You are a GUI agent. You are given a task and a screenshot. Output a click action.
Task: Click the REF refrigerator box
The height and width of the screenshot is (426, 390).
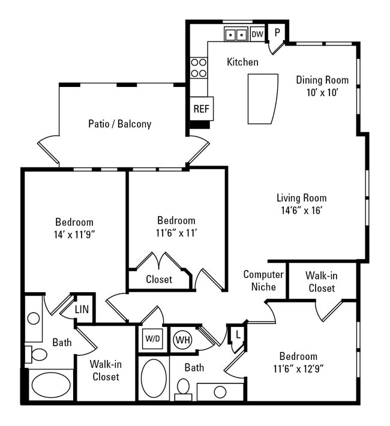point(201,109)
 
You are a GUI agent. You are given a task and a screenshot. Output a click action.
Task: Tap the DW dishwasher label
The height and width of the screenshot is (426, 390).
point(257,34)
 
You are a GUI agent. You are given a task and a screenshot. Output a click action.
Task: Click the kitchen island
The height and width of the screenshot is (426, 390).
point(263,98)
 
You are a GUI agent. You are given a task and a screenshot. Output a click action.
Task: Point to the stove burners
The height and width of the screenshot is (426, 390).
point(199,68)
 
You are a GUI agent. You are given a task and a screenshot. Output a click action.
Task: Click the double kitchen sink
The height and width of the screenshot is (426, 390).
point(235,34)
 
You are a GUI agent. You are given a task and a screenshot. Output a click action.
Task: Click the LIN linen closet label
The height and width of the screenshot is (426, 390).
point(82,310)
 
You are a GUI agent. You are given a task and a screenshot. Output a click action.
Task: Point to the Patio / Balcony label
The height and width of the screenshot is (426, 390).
point(119,124)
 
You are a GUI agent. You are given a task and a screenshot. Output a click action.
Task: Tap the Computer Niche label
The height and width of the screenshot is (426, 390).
point(263,280)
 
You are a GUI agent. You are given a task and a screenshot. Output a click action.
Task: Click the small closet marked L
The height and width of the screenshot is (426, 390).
point(238,334)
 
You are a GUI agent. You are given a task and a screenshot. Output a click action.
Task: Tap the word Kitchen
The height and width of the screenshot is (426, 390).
point(242,62)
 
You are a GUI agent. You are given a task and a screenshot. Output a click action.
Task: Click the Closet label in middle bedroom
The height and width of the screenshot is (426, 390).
point(159,279)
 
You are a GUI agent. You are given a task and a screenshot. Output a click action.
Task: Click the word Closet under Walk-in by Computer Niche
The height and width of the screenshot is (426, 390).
point(322,288)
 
